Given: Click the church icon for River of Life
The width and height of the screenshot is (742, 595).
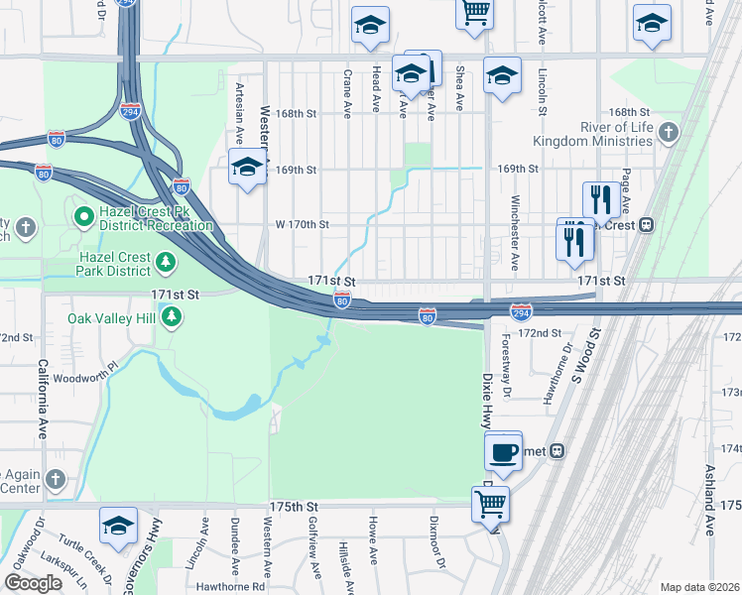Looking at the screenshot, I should [670, 133].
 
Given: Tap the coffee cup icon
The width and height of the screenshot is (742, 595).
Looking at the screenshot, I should [504, 451].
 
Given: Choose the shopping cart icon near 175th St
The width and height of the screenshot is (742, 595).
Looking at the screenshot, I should [491, 504].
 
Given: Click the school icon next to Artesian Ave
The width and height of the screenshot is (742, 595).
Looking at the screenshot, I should [247, 168].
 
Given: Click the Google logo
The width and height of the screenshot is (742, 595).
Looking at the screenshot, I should [33, 583].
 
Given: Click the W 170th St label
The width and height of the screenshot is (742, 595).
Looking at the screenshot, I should [303, 224].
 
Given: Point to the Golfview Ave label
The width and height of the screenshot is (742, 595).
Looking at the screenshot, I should [316, 551].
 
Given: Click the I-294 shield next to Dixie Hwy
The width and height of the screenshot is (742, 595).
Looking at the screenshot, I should [521, 312].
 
